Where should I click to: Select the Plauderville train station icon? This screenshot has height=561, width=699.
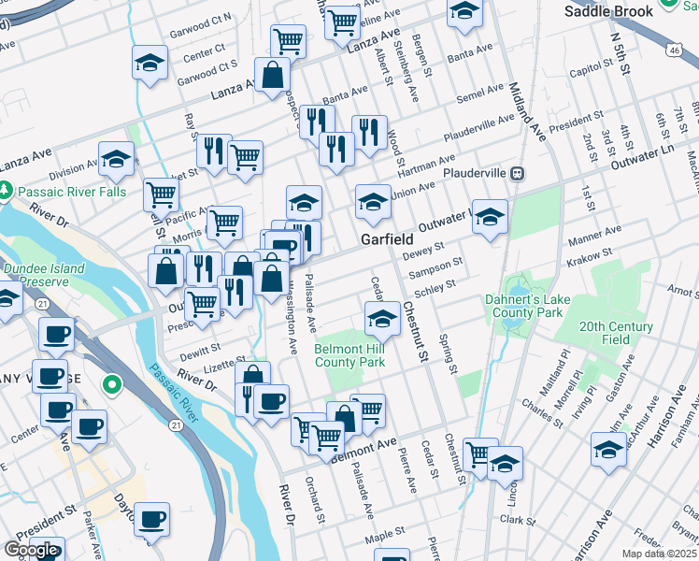pyautogui.click(x=516, y=173)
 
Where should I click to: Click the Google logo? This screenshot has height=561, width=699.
pyautogui.click(x=32, y=550)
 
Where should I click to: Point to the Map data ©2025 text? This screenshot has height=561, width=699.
pyautogui.click(x=660, y=554)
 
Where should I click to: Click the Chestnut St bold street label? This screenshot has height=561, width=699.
pyautogui.click(x=416, y=333)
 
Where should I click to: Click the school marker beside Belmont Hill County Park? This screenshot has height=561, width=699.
pyautogui.click(x=381, y=318)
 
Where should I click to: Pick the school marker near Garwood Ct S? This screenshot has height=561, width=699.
pyautogui.click(x=149, y=63)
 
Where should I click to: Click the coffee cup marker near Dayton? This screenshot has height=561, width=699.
pyautogui.click(x=151, y=518)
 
